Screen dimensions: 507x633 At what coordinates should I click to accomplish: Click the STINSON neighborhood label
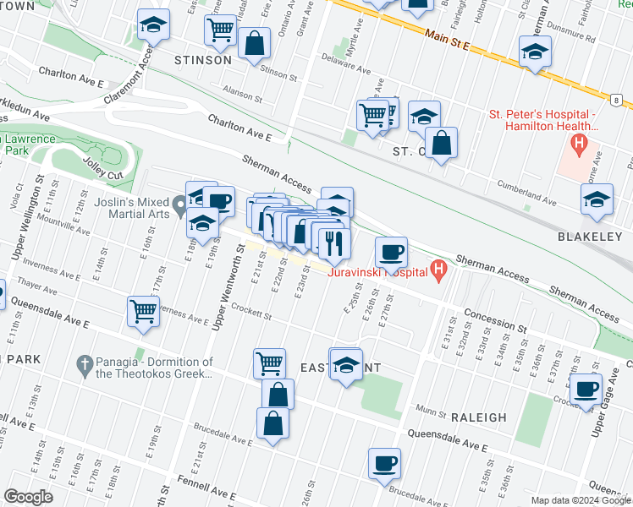pyautogui.click(x=202, y=60)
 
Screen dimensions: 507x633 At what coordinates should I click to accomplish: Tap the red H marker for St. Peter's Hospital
pyautogui.click(x=580, y=144)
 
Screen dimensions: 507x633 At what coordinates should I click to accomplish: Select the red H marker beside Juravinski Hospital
pyautogui.click(x=438, y=271)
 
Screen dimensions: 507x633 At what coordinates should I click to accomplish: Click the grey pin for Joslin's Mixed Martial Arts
pyautogui.click(x=179, y=205)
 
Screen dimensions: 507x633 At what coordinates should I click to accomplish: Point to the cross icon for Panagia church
pyautogui.click(x=83, y=365)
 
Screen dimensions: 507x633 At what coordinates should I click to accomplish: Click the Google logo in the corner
pyautogui.click(x=28, y=497)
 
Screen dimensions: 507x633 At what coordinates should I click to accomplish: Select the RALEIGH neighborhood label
pyautogui.click(x=479, y=417)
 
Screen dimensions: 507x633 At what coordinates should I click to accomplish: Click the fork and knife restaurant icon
pyautogui.click(x=335, y=243)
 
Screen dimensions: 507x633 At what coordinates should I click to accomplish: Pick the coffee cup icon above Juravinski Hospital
pyautogui.click(x=392, y=252)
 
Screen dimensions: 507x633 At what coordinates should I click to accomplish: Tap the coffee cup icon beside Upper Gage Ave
pyautogui.click(x=586, y=390)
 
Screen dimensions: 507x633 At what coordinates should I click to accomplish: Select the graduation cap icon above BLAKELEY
pyautogui.click(x=597, y=200)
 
